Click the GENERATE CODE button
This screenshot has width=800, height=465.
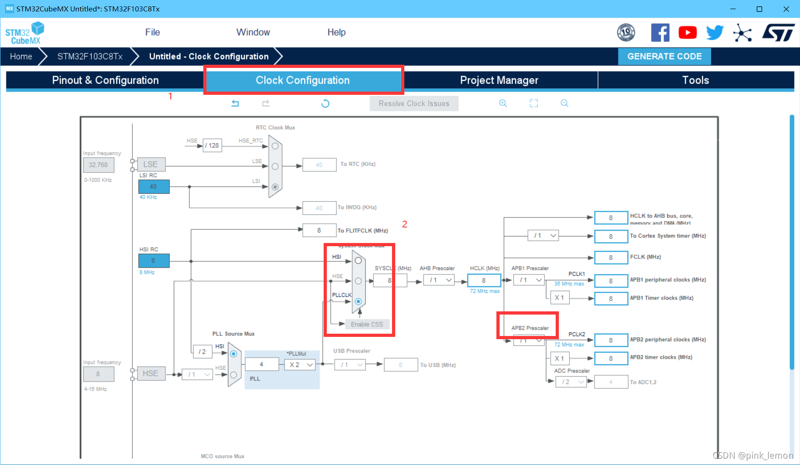tap(664, 57)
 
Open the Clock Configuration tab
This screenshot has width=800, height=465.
tap(303, 80)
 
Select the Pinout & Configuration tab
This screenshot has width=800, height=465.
tap(105, 80)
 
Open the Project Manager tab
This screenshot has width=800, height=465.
tap(499, 80)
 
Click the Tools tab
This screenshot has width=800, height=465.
tap(695, 80)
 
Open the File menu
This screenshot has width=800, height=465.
tap(152, 32)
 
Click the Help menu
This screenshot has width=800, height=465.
tap(336, 32)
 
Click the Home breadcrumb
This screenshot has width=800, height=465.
tap(21, 57)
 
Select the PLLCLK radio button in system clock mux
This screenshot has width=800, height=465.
tap(358, 301)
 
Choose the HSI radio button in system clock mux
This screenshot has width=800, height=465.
tap(358, 261)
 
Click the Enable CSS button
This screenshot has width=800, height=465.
tap(367, 324)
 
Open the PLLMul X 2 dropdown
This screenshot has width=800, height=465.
tap(300, 365)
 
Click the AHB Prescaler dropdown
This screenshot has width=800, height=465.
tap(439, 280)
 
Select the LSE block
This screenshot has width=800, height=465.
tap(150, 165)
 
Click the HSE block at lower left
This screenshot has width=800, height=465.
tap(150, 373)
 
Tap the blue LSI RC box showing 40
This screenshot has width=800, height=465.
tap(154, 186)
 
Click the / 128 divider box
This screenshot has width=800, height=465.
tap(212, 145)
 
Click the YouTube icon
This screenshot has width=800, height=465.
tap(687, 33)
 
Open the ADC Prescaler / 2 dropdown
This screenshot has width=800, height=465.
tap(571, 382)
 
